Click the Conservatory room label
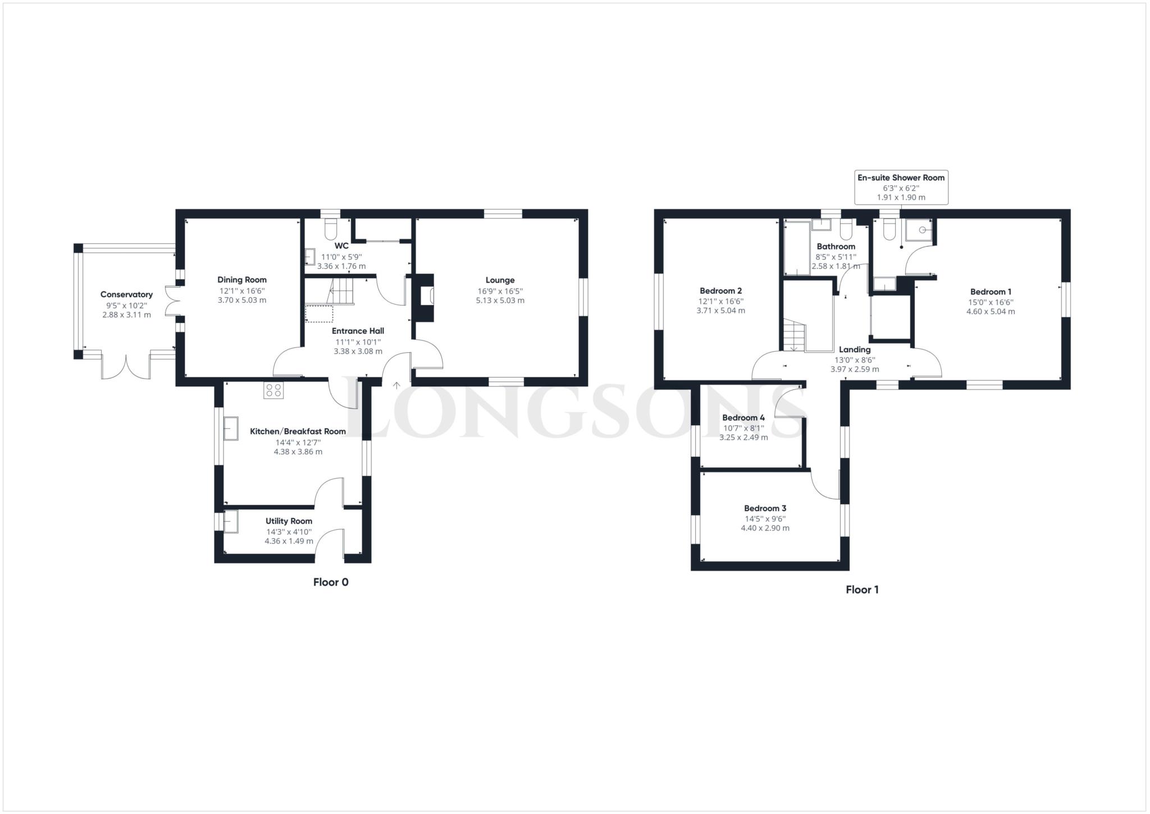(126, 294)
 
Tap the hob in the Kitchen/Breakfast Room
(273, 390)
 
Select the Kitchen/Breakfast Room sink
(231, 429)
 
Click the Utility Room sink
(231, 521)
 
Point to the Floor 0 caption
(331, 582)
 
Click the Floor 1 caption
(862, 589)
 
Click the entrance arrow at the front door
(396, 385)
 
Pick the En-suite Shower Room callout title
(901, 178)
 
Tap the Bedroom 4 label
(743, 417)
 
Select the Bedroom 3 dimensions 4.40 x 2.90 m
(765, 528)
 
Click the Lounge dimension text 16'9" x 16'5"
(500, 291)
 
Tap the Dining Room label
(242, 280)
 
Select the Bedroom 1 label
(991, 292)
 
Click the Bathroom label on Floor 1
(836, 246)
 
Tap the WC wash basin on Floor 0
(310, 257)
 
